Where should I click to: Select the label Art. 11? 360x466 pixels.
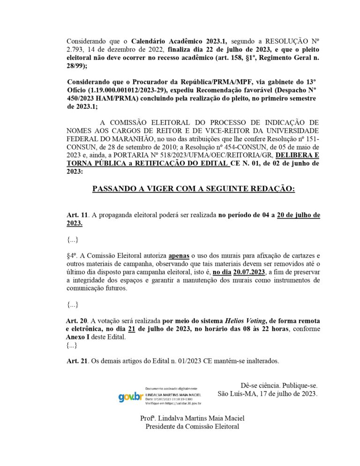[x=77, y=215]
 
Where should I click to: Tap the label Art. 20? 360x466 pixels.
[x=77, y=321]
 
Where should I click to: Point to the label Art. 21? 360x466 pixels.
[x=77, y=361]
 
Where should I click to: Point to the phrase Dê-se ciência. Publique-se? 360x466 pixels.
[x=278, y=385]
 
